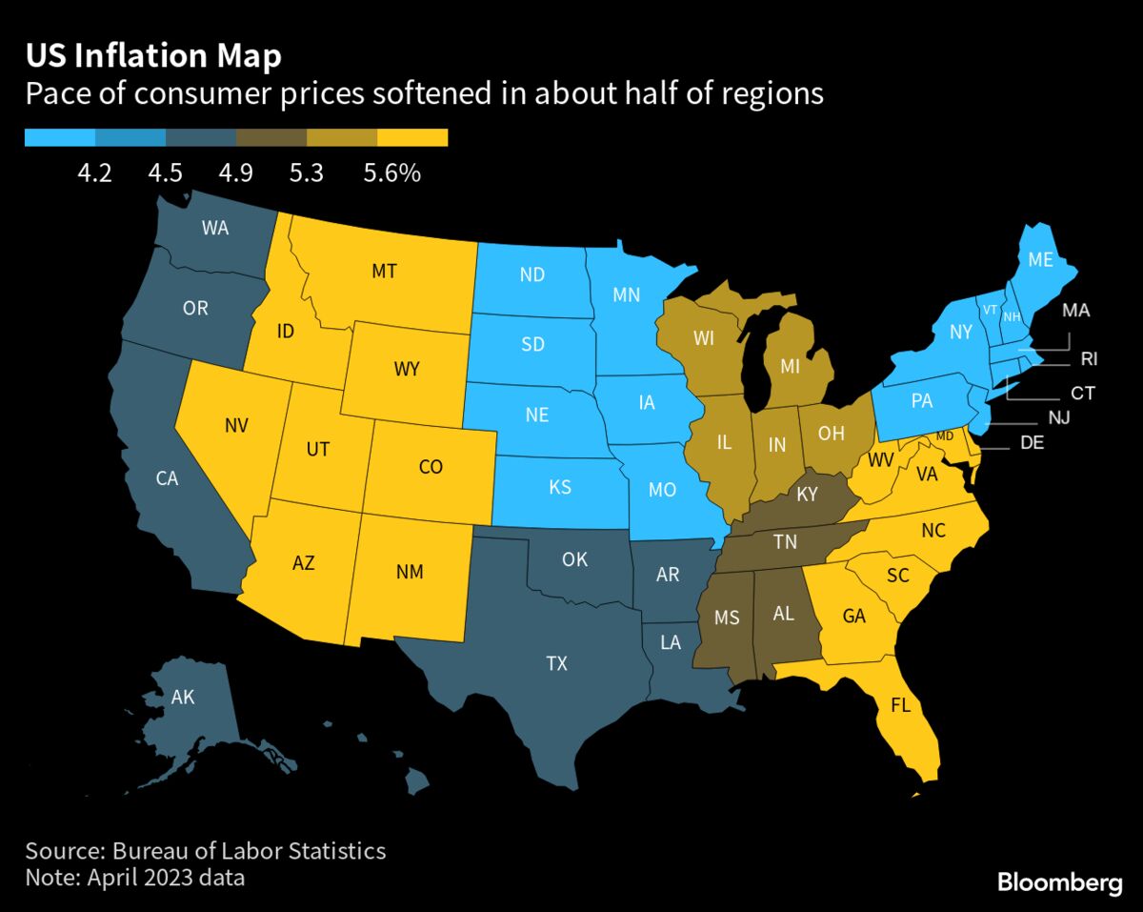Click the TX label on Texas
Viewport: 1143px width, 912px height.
click(x=557, y=663)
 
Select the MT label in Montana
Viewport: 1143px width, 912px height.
click(x=384, y=272)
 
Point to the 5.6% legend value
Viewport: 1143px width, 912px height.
click(x=391, y=173)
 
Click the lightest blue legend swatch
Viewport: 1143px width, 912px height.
click(x=59, y=138)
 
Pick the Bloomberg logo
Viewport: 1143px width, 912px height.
click(x=1059, y=883)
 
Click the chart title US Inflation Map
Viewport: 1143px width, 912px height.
click(x=153, y=56)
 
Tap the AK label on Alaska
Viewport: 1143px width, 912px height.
click(x=183, y=699)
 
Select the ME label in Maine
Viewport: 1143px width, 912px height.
click(x=1040, y=258)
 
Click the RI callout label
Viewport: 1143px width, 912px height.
click(x=1090, y=359)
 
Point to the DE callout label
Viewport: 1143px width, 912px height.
click(x=1032, y=442)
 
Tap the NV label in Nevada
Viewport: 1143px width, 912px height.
click(x=236, y=426)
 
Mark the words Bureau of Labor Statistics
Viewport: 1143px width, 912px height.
click(x=250, y=850)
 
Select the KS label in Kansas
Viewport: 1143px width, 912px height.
click(x=560, y=487)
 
